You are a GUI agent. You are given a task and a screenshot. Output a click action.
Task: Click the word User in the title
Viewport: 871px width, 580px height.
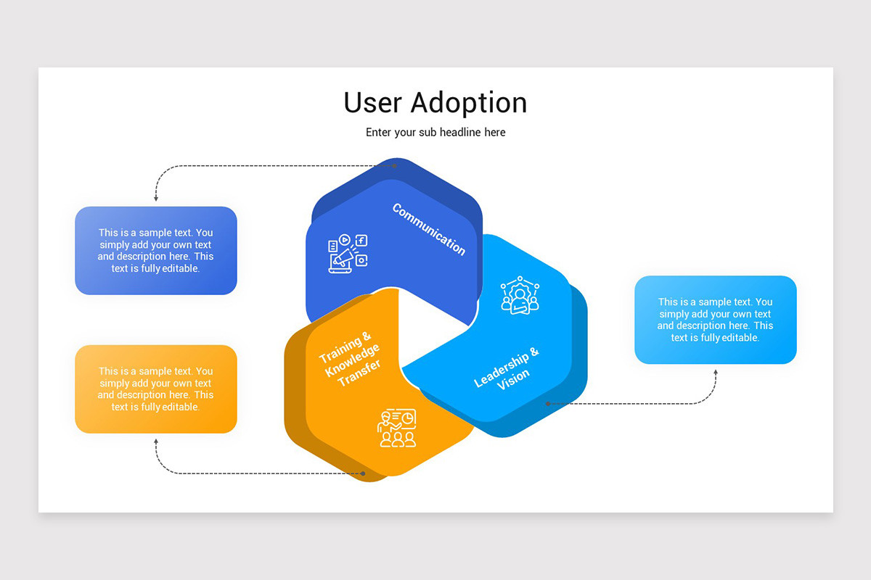(373, 102)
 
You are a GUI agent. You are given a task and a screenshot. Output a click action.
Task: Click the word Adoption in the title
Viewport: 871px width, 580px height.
(469, 104)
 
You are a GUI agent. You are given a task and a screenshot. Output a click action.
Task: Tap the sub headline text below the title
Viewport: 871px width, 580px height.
(435, 132)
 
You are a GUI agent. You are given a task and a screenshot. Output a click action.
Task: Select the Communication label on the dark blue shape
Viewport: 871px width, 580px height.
(429, 229)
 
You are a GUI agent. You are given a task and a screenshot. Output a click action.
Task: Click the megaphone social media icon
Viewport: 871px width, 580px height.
(347, 254)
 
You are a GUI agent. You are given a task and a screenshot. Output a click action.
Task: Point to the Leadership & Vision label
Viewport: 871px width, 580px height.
(507, 368)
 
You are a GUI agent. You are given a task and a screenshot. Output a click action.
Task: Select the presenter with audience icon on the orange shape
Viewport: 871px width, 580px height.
(396, 428)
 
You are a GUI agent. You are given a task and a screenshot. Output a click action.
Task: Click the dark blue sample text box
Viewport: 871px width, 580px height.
(156, 251)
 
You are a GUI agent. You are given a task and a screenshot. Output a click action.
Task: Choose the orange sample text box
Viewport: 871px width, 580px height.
(156, 389)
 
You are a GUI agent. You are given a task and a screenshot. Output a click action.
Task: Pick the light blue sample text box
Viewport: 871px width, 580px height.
(715, 320)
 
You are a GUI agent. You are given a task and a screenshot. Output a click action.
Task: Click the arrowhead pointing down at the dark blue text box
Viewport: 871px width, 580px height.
(156, 198)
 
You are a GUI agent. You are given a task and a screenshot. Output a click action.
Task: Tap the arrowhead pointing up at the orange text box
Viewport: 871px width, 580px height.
(156, 441)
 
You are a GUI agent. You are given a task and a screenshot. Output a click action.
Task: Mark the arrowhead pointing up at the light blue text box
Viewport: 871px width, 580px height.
(715, 372)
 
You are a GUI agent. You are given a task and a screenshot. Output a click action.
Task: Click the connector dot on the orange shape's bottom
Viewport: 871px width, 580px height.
(364, 473)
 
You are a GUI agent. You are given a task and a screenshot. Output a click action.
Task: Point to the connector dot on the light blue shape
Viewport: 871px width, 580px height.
(547, 403)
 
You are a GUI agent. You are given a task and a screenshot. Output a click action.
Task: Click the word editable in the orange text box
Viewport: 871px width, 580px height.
(180, 407)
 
